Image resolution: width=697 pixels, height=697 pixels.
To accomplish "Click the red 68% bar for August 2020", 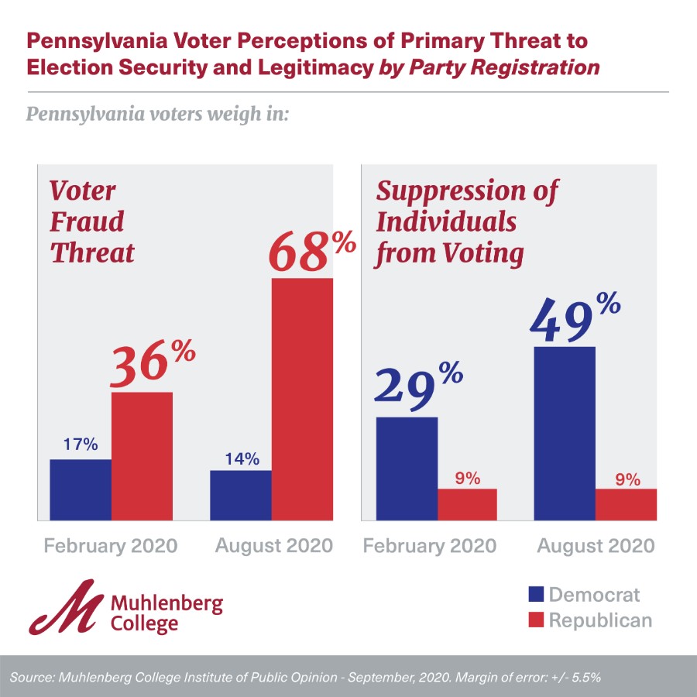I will (x=302, y=399).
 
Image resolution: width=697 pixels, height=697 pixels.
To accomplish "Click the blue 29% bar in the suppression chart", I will (x=407, y=468).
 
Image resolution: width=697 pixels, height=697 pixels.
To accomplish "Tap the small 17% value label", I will (x=81, y=445).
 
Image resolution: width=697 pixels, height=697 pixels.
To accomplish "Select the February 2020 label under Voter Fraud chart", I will (x=111, y=546).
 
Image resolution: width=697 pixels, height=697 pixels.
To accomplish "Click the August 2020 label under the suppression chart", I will (x=596, y=546).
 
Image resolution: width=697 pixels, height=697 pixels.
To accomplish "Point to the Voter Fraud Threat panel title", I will (x=92, y=221).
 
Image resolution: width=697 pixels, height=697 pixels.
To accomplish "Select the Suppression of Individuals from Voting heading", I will (x=467, y=221).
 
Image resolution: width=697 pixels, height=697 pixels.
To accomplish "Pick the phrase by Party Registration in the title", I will (x=489, y=67).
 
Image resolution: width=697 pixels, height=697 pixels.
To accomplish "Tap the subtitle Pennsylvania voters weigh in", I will (x=158, y=115).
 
